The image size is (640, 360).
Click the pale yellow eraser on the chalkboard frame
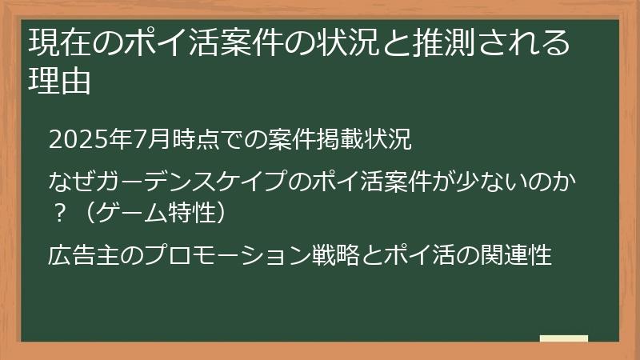(x=563, y=339)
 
